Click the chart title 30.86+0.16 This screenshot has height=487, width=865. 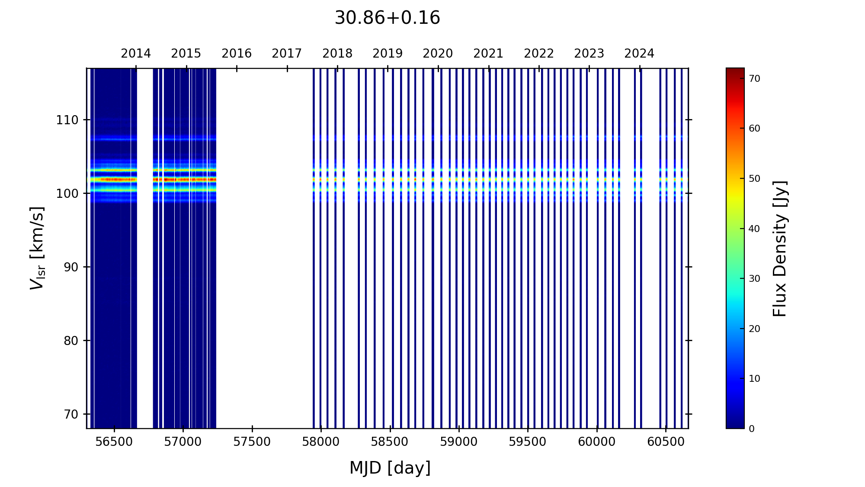coord(387,18)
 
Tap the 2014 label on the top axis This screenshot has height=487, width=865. coord(136,54)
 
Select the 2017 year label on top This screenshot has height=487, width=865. coord(287,54)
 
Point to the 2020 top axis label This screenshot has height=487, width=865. coord(438,54)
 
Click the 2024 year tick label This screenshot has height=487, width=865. coord(639,54)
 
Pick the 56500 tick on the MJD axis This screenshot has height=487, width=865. coord(114,442)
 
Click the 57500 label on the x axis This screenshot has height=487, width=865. coord(252,442)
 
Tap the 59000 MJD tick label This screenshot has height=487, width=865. coord(459,442)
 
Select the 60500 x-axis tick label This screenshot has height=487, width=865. coord(666,442)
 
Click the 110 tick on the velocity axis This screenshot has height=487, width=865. coord(67,120)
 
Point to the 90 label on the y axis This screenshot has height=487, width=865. coord(71,267)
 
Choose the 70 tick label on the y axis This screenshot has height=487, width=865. coord(71,414)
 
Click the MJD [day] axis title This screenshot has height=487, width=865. coord(390,468)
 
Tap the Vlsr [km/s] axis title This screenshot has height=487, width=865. coord(37,248)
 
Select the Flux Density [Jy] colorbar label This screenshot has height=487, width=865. coord(780,248)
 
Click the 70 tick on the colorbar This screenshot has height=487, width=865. coord(754,78)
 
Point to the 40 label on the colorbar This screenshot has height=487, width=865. coord(754,229)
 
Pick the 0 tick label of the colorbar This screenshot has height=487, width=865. coord(752,429)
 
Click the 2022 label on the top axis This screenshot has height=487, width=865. coord(539,54)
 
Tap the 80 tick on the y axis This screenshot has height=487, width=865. coord(71,341)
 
